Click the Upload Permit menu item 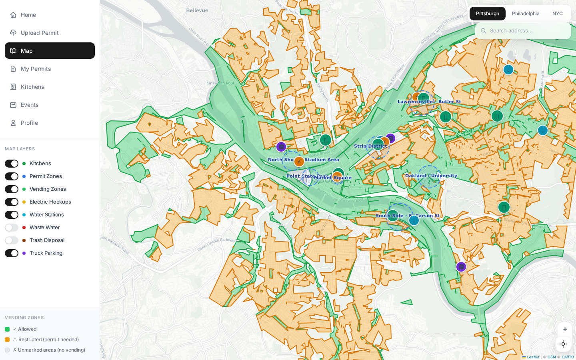point(40,33)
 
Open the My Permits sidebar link point(36,69)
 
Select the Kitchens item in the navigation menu point(32,87)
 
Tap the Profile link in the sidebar point(29,123)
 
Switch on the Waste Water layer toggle point(12,228)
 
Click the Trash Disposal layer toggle point(12,240)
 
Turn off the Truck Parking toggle point(12,253)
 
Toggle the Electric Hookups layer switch point(12,202)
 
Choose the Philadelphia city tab point(526,14)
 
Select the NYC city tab point(557,14)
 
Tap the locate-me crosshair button point(563,344)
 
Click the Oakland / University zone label point(431,176)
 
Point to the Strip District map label point(370,146)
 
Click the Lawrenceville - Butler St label point(429,102)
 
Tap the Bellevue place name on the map point(197,10)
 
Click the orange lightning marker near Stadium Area point(299,162)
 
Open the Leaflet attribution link point(533,357)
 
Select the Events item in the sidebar point(30,105)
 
